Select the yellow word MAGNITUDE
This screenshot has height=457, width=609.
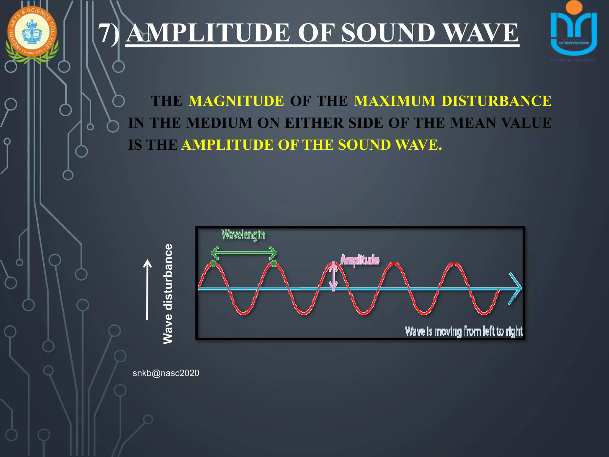pyautogui.click(x=236, y=101)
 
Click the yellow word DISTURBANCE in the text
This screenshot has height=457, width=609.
pyautogui.click(x=496, y=101)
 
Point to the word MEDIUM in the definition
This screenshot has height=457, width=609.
pyautogui.click(x=219, y=123)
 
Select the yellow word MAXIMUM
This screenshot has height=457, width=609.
pyautogui.click(x=395, y=101)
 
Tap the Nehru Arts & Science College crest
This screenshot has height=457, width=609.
pyautogui.click(x=32, y=34)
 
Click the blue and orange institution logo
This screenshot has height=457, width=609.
pyautogui.click(x=574, y=30)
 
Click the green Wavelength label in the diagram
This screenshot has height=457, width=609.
pyautogui.click(x=243, y=235)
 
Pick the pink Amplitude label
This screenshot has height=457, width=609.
pyautogui.click(x=360, y=260)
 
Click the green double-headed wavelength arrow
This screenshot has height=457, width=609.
pyautogui.click(x=244, y=253)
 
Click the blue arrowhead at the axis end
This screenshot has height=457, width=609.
pyautogui.click(x=516, y=288)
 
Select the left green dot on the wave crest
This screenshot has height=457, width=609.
pyautogui.click(x=214, y=263)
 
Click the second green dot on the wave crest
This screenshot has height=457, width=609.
pyautogui.click(x=274, y=263)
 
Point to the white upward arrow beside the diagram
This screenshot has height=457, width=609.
pyautogui.click(x=147, y=289)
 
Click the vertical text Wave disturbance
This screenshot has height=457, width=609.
pyautogui.click(x=168, y=294)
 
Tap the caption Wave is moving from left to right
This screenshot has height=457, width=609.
pyautogui.click(x=464, y=331)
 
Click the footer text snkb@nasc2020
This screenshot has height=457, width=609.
pyautogui.click(x=166, y=373)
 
